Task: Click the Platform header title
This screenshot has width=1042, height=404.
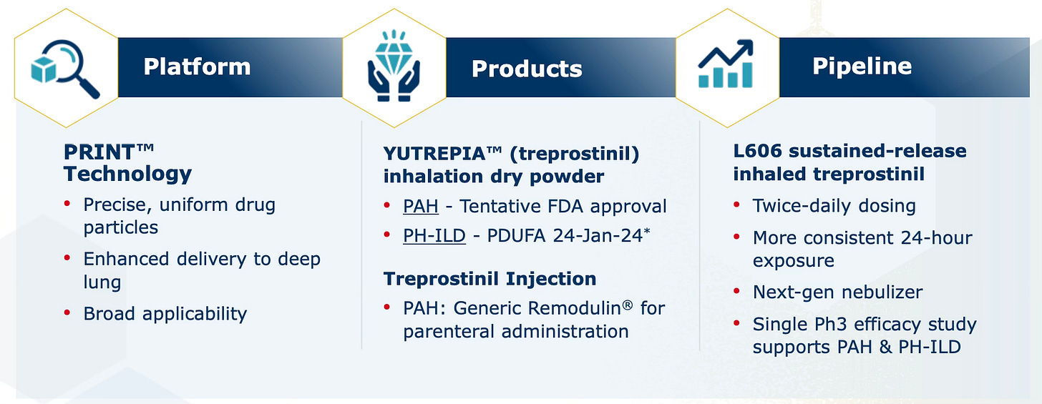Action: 197,66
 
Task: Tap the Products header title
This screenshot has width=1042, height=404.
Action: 527,69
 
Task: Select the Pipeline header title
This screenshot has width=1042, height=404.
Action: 862,66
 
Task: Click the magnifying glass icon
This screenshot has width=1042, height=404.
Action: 65,69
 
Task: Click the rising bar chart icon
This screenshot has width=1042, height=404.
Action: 725,64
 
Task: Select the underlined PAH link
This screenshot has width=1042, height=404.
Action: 421,207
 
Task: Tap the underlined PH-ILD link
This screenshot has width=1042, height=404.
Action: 434,236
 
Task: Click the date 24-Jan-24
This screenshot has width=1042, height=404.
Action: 598,236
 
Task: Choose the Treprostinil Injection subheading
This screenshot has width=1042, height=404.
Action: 490,279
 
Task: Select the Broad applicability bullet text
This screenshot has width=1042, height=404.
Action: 165,315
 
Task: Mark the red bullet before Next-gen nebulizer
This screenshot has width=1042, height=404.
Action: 736,291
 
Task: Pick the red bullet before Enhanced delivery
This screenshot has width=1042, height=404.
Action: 67,257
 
